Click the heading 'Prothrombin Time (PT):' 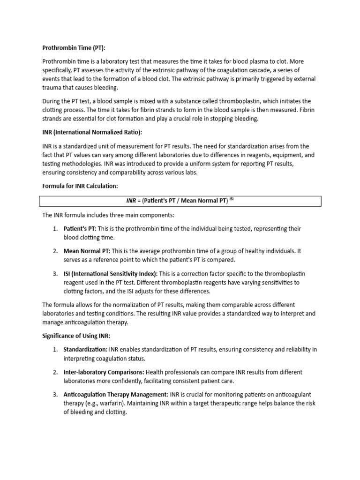(x=74, y=47)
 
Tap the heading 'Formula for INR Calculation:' (x=80, y=186)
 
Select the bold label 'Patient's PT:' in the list (x=80, y=229)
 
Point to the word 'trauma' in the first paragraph (x=52, y=88)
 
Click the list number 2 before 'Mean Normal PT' (x=55, y=251)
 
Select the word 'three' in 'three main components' (x=115, y=215)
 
